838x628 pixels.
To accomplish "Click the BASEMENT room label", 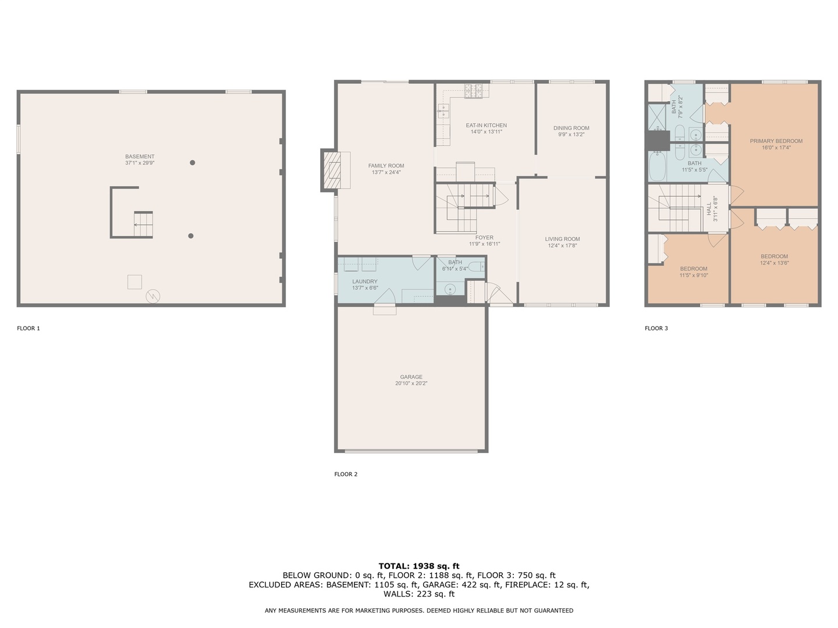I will (140, 156).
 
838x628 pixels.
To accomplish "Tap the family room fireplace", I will (335, 170).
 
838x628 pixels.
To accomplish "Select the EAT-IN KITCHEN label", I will (486, 125).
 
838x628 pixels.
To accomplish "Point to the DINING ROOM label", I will (571, 128).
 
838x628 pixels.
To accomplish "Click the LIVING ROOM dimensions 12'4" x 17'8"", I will (562, 246).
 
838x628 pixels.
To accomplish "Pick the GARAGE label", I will (411, 377).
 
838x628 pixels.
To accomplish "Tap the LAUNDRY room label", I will (365, 281).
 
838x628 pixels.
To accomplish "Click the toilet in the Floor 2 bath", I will (475, 267).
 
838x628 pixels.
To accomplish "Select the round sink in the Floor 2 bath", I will (450, 288).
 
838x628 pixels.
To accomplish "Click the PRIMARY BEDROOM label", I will (776, 141).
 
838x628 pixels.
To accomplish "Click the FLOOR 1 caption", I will (29, 329).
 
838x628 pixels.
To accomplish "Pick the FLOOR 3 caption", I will (656, 329).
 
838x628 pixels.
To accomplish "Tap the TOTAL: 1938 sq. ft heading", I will (418, 566).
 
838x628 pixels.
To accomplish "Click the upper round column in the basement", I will (192, 163).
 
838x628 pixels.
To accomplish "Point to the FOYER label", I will (484, 237).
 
